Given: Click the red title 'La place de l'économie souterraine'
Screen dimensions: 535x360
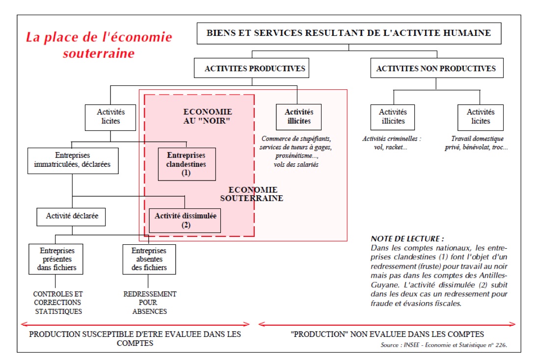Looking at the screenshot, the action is click(x=99, y=45).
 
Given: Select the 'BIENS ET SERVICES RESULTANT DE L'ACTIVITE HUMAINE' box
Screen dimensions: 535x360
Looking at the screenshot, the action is click(x=348, y=33).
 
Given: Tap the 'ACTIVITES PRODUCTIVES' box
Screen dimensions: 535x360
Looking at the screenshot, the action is click(x=251, y=68).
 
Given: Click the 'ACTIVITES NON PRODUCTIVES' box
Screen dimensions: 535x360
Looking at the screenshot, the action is click(x=437, y=68).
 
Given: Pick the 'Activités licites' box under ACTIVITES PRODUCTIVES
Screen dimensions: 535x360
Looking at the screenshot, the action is click(x=110, y=117).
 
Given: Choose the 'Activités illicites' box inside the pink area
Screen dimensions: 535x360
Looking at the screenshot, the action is click(x=298, y=117).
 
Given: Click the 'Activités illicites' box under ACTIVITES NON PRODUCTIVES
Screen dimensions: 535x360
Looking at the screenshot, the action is click(x=392, y=117).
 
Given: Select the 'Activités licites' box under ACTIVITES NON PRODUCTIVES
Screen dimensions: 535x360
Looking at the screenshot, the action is click(x=480, y=117).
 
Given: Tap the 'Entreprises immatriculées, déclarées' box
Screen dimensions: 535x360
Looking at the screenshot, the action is click(x=73, y=160).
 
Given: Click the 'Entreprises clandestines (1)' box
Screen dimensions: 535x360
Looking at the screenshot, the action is click(x=187, y=164).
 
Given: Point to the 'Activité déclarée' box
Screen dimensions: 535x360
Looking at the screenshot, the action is click(x=71, y=217).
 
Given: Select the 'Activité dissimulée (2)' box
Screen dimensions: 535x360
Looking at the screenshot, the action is click(x=185, y=221).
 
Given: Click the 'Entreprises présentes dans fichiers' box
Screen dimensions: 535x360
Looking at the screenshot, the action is click(x=55, y=259).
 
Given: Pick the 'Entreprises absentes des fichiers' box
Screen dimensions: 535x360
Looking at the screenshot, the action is click(x=149, y=259).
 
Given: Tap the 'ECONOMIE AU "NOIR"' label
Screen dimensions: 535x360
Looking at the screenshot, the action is click(x=208, y=116).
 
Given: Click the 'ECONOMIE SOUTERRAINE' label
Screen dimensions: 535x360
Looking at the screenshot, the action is click(x=252, y=194).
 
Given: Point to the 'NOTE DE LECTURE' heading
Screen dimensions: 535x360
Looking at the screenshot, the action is click(x=407, y=239).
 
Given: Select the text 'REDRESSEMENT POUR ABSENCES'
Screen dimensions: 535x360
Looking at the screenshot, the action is click(x=149, y=303).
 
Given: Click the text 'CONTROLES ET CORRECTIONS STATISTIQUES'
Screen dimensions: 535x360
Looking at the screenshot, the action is click(x=57, y=303).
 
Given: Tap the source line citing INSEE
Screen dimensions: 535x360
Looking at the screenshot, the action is click(x=444, y=345).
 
